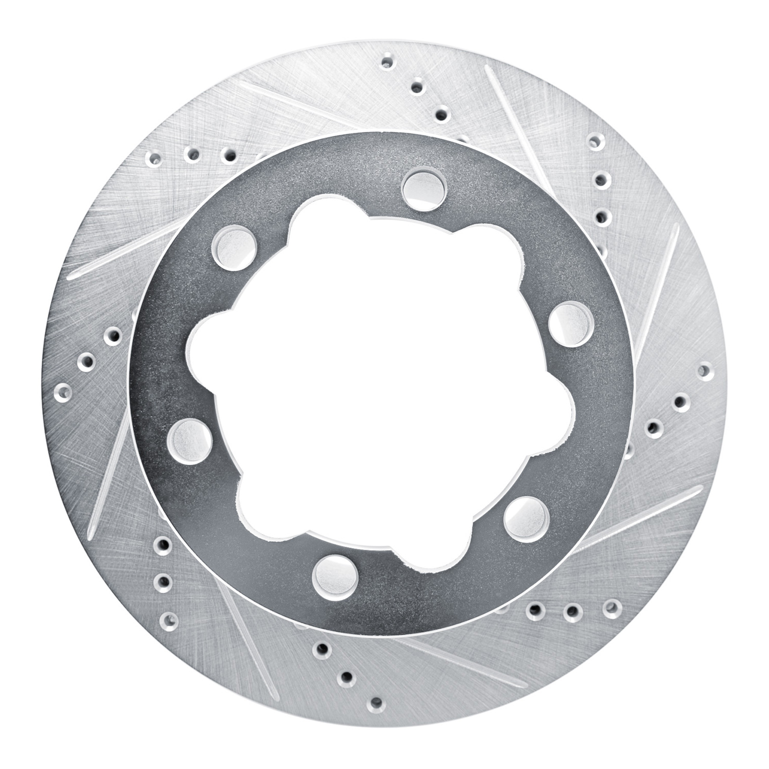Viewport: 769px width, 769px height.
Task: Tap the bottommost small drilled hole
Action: (x=377, y=702)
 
